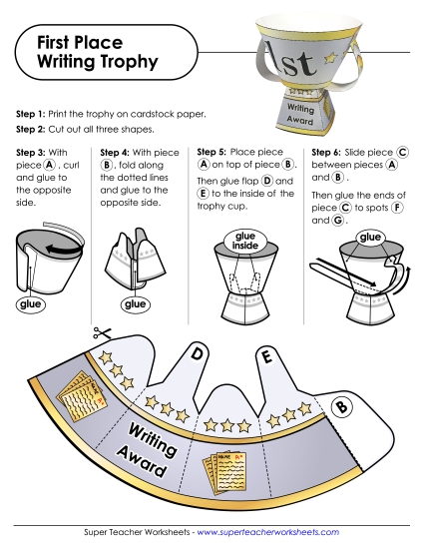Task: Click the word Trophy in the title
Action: (126, 62)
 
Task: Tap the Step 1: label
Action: (36, 115)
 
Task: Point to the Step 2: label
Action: (36, 130)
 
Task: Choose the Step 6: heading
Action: (330, 152)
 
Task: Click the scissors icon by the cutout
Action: (100, 334)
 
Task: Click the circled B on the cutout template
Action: (340, 406)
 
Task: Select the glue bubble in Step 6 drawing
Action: (371, 238)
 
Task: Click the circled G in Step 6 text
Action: (338, 222)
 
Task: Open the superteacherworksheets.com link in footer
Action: (268, 534)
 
